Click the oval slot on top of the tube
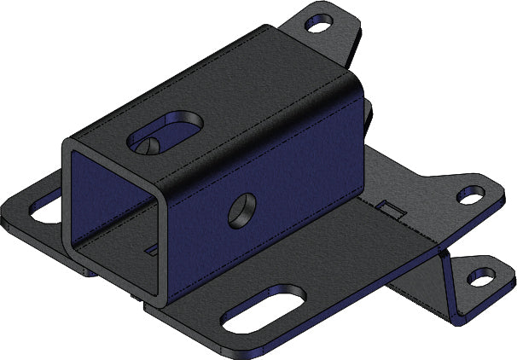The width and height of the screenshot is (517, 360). tap(167, 131)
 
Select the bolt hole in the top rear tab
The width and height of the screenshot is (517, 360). tap(319, 24)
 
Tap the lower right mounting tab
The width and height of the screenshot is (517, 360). tap(478, 273)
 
